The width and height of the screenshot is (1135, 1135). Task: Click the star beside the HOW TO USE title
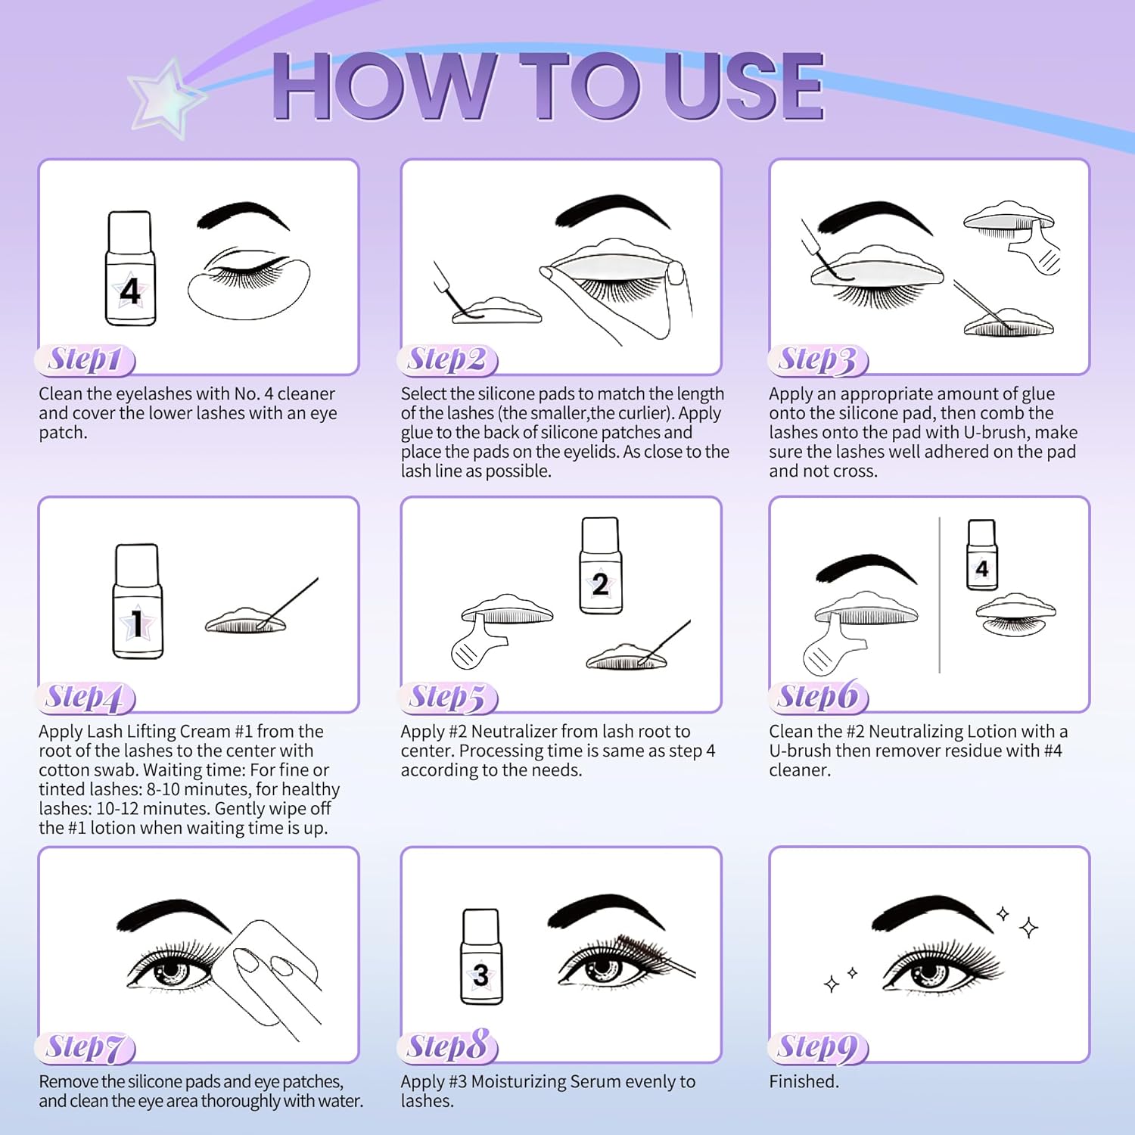click(x=166, y=98)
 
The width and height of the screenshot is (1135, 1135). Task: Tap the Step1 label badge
click(x=85, y=360)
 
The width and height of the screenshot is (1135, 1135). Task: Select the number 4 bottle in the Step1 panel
click(x=130, y=269)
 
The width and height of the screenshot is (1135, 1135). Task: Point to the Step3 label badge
click(x=818, y=360)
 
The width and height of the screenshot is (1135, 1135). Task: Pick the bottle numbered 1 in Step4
click(x=137, y=601)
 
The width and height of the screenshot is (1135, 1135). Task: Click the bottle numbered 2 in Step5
click(x=600, y=565)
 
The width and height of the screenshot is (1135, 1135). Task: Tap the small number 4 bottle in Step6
click(x=982, y=555)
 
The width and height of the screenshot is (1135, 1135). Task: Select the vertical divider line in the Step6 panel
click(x=939, y=595)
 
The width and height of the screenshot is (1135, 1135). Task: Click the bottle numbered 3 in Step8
click(x=481, y=956)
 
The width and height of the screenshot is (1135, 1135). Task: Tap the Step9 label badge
click(x=818, y=1047)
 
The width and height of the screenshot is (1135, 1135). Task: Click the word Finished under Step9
click(x=804, y=1081)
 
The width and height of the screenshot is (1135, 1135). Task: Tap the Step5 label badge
click(x=447, y=698)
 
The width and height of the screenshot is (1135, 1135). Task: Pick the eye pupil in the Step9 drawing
click(x=928, y=971)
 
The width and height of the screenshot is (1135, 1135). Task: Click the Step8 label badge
click(x=447, y=1047)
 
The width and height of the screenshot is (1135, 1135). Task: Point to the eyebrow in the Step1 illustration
click(x=243, y=215)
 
